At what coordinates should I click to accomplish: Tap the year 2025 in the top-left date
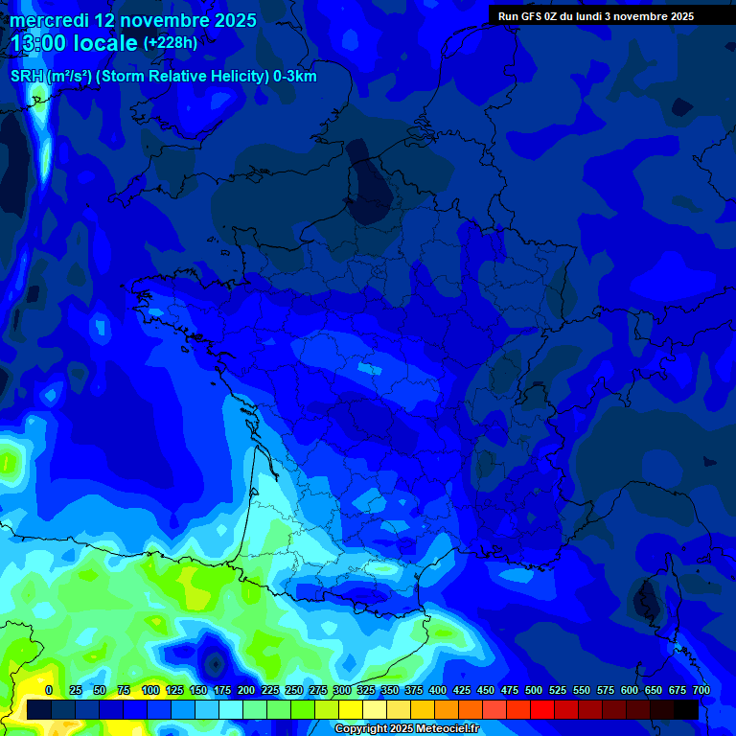pyautogui.click(x=229, y=20)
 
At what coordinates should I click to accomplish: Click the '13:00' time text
pyautogui.click(x=42, y=43)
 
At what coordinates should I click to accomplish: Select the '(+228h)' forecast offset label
pyautogui.click(x=170, y=43)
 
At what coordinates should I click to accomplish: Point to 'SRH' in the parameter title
pyautogui.click(x=26, y=77)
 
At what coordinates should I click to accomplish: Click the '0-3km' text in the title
pyautogui.click(x=295, y=77)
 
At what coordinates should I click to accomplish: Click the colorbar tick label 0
pyautogui.click(x=49, y=690)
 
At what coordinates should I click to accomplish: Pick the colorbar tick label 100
pyautogui.click(x=150, y=690)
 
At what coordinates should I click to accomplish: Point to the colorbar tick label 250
pyautogui.click(x=294, y=690)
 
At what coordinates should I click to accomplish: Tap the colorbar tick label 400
pyautogui.click(x=438, y=690)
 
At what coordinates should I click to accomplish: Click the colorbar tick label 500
pyautogui.click(x=534, y=690)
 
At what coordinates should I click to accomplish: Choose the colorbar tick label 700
pyautogui.click(x=701, y=690)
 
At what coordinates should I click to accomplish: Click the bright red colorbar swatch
pyautogui.click(x=542, y=710)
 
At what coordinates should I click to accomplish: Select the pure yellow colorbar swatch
pyautogui.click(x=351, y=710)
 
